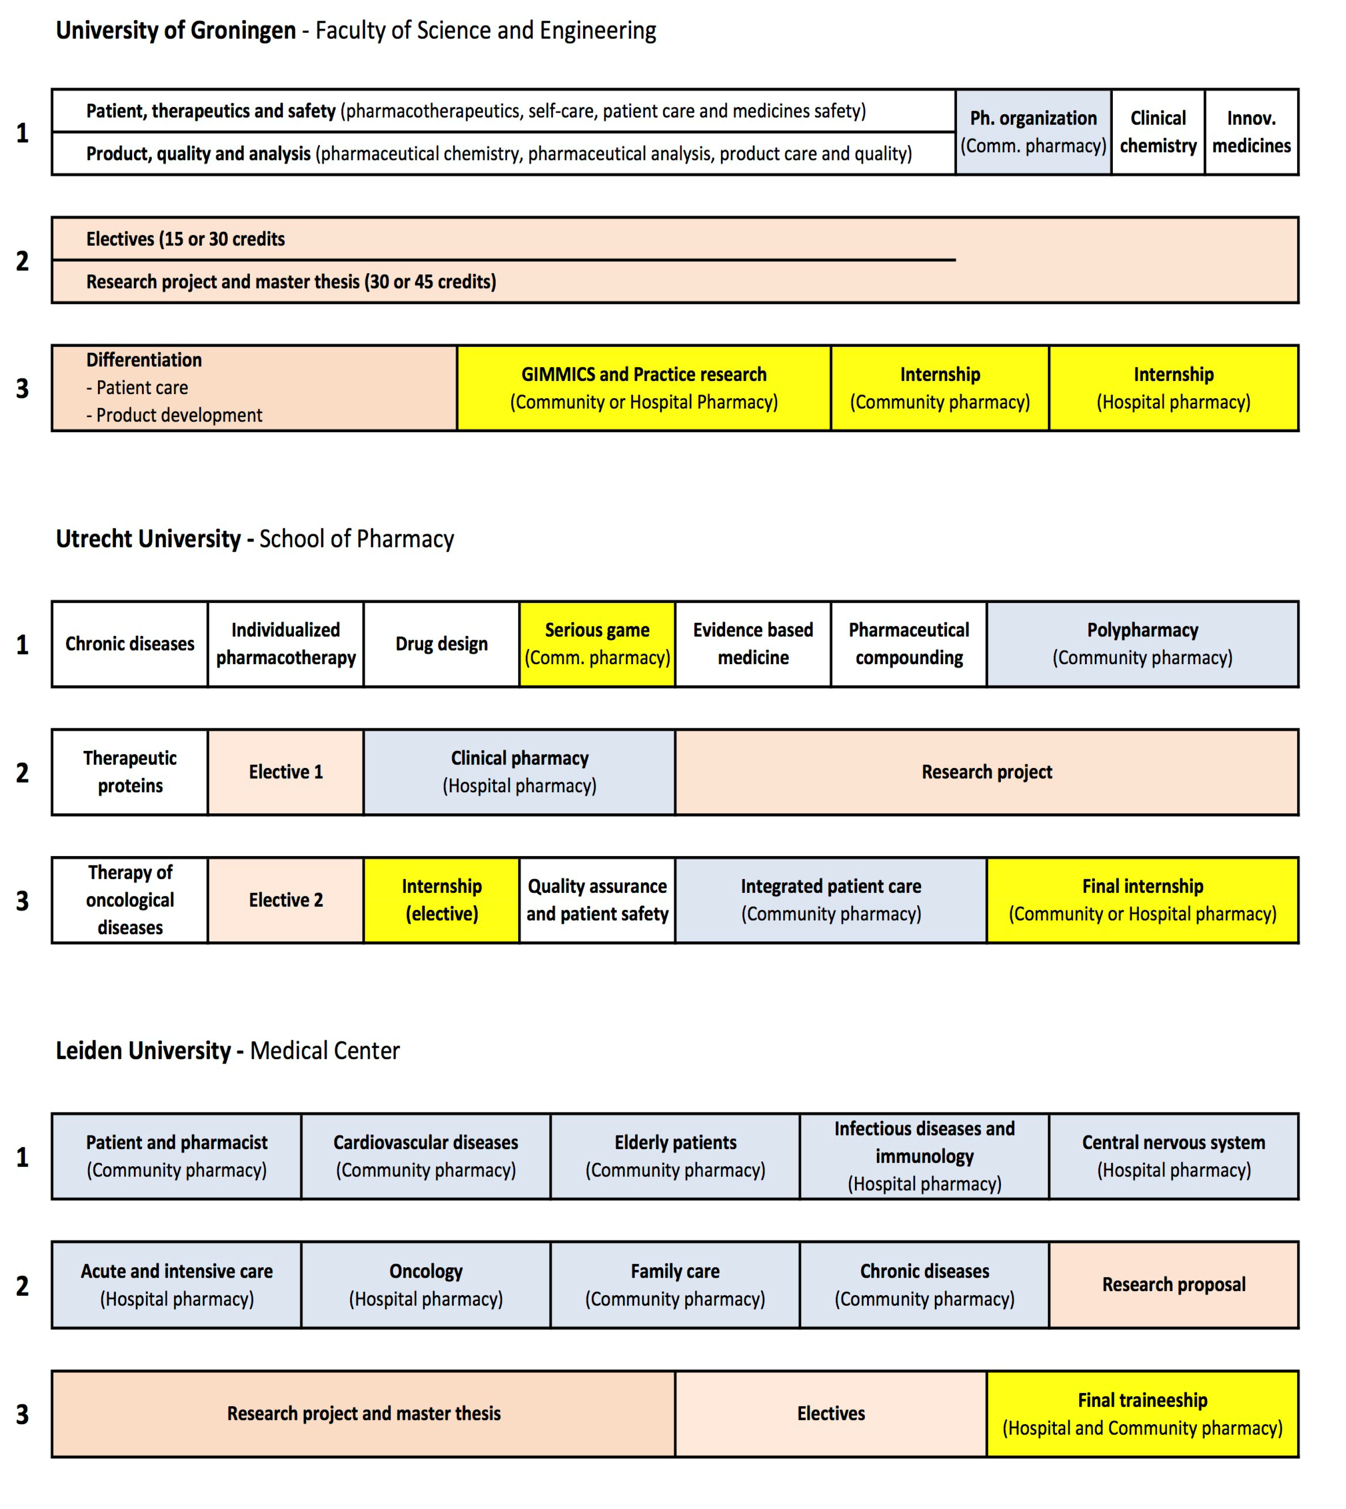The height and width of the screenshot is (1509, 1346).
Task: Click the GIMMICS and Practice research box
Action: point(643,388)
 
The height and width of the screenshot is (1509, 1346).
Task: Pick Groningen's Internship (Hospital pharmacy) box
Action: point(1173,388)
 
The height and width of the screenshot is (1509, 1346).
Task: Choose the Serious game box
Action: point(597,644)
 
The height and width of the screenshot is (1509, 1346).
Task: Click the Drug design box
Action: point(442,644)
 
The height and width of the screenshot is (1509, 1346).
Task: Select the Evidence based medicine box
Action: point(753,644)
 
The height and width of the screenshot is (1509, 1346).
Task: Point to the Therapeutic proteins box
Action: point(130,772)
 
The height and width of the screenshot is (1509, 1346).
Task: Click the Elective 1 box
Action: point(285,772)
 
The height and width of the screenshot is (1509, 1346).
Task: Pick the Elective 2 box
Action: point(285,900)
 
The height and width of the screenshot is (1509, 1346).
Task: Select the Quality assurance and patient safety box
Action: point(597,900)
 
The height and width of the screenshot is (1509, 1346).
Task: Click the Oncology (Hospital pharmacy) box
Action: point(425,1284)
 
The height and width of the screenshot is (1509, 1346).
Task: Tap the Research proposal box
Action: point(1173,1284)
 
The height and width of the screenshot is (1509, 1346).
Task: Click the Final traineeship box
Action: point(1142,1413)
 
